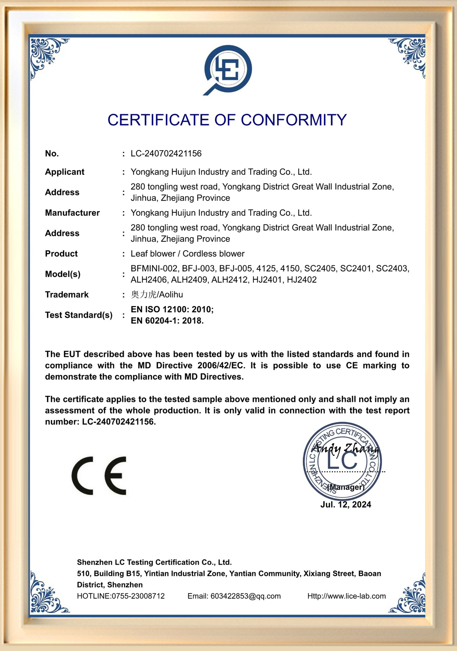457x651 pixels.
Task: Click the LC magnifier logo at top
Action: pyautogui.click(x=228, y=70)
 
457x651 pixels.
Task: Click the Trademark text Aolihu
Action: pyautogui.click(x=170, y=295)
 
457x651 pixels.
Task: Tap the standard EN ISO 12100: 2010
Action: pyautogui.click(x=172, y=309)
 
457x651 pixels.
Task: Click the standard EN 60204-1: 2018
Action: pyautogui.click(x=167, y=321)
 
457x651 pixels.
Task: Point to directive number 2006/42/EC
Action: pyautogui.click(x=221, y=366)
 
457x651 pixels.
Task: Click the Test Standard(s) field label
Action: pyautogui.click(x=79, y=315)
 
